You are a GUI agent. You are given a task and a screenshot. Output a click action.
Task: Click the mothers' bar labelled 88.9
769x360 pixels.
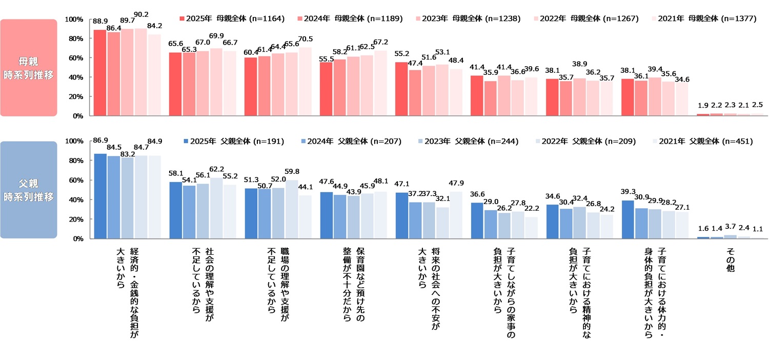100,73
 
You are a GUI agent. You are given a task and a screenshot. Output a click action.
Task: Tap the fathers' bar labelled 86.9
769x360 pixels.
100,196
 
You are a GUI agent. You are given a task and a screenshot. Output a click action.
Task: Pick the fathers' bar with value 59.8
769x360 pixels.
291,209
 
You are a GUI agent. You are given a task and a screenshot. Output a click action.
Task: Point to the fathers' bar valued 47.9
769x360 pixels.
456,215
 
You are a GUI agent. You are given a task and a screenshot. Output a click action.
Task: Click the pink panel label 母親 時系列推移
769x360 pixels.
29,68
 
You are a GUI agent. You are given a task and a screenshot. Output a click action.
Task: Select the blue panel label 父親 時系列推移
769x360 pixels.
29,190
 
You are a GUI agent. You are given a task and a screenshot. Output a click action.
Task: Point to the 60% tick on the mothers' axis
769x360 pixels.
75,58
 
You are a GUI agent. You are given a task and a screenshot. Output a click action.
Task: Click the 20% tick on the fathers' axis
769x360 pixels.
75,219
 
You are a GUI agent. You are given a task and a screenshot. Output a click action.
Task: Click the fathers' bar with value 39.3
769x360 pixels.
628,219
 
